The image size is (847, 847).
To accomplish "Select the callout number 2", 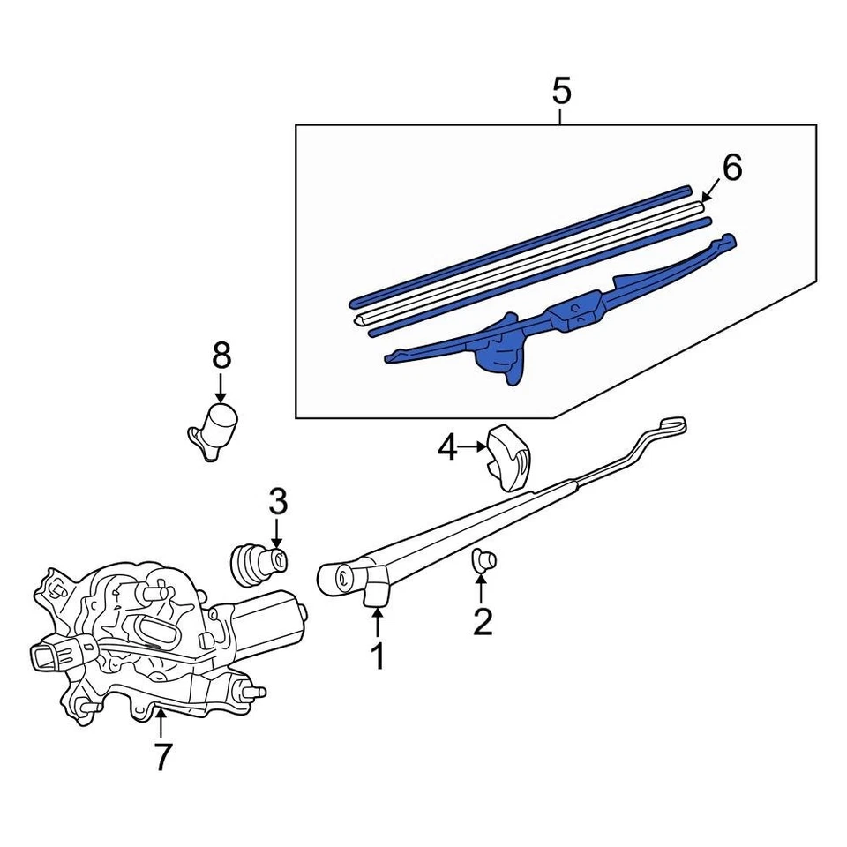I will [x=482, y=620].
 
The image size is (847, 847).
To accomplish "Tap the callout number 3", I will [x=277, y=503].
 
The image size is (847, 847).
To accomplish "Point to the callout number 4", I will [x=448, y=449].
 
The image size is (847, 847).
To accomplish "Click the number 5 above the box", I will [x=561, y=91].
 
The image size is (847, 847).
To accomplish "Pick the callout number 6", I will [x=732, y=167].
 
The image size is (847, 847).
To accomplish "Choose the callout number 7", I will [x=161, y=756].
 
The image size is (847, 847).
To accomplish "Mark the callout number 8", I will [x=221, y=356].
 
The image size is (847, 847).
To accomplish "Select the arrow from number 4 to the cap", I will [x=472, y=449].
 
